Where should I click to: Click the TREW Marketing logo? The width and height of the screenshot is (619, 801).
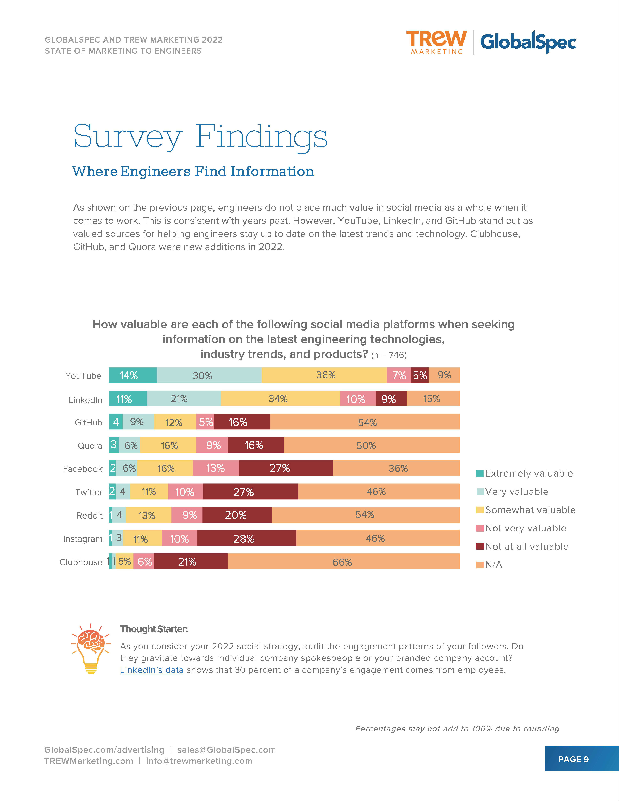pyautogui.click(x=436, y=42)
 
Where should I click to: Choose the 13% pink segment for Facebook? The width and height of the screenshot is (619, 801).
pyautogui.click(x=216, y=468)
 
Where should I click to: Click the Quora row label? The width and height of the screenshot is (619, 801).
pyautogui.click(x=90, y=446)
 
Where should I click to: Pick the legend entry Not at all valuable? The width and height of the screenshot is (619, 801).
pyautogui.click(x=523, y=546)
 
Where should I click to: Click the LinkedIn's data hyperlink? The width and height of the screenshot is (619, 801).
pyautogui.click(x=151, y=670)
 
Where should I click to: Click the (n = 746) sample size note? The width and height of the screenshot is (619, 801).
pyautogui.click(x=389, y=355)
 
